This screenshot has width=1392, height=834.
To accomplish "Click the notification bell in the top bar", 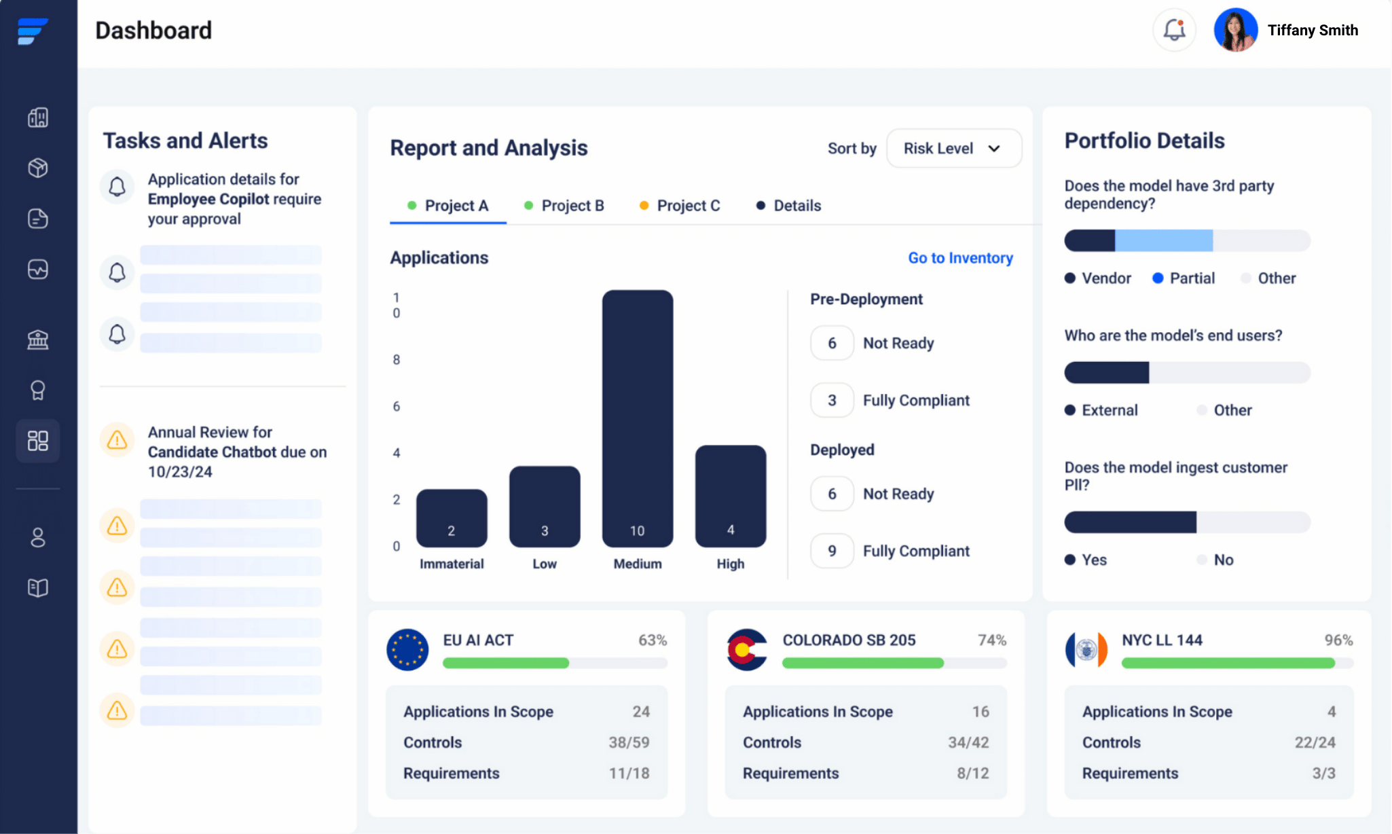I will tap(1174, 30).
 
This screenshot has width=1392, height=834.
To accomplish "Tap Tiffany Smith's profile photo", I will tap(1235, 30).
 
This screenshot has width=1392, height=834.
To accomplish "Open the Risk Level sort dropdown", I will tap(953, 148).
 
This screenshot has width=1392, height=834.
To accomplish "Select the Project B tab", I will tap(564, 205).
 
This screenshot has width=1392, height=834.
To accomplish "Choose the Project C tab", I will tap(680, 205).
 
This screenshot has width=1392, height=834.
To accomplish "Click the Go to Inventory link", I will tap(960, 258).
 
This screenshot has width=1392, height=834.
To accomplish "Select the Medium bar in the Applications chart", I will tap(637, 418).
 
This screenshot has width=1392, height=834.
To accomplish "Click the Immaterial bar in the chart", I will tap(452, 518).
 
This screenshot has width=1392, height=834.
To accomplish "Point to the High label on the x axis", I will tap(730, 564).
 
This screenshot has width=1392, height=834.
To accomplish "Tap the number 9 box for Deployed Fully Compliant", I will tap(832, 551).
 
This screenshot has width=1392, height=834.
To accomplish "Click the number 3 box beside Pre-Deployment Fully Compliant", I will tap(832, 400).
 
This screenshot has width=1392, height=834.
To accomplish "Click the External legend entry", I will tap(1101, 410).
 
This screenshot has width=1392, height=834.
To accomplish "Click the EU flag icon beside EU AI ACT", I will tap(407, 650).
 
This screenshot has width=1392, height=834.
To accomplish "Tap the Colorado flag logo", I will tap(746, 650).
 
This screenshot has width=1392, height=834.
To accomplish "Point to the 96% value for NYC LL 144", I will tap(1338, 640).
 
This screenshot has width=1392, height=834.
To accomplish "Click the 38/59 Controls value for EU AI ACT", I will tap(629, 742).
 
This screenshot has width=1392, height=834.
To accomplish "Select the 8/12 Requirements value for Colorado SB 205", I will tap(972, 773).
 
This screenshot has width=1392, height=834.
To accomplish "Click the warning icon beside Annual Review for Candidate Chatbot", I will tap(117, 440).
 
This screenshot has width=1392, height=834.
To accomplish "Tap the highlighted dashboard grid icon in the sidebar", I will tap(38, 441).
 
